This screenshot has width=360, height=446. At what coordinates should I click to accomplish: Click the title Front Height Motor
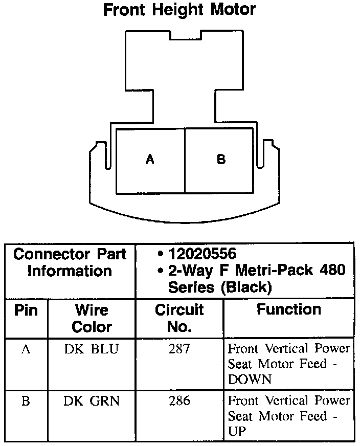[x=179, y=10]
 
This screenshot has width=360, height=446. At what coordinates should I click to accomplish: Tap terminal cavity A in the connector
[x=150, y=160]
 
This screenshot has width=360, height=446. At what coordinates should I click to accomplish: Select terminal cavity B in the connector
[x=221, y=160]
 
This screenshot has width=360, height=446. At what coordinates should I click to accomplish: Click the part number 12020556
[x=202, y=254]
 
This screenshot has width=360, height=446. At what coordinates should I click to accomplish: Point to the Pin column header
[x=26, y=310]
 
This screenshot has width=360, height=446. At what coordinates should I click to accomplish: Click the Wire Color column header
[x=92, y=318]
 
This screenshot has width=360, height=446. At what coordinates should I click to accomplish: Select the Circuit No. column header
[x=179, y=318]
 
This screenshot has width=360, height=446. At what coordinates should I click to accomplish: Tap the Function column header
[x=288, y=309]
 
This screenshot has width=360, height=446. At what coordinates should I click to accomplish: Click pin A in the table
[x=26, y=350]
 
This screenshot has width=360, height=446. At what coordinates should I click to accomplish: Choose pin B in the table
[x=26, y=401]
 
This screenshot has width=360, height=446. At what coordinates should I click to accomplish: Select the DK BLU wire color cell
[x=92, y=350]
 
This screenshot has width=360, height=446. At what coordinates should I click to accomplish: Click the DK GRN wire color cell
[x=92, y=401]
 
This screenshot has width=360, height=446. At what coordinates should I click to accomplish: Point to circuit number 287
[x=179, y=350]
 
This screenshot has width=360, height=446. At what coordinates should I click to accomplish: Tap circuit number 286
[x=179, y=401]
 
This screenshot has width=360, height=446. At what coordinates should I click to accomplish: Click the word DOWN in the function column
[x=250, y=380]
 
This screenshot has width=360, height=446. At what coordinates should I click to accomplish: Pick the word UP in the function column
[x=237, y=431]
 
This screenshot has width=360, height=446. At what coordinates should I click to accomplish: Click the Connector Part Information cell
[x=70, y=262]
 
